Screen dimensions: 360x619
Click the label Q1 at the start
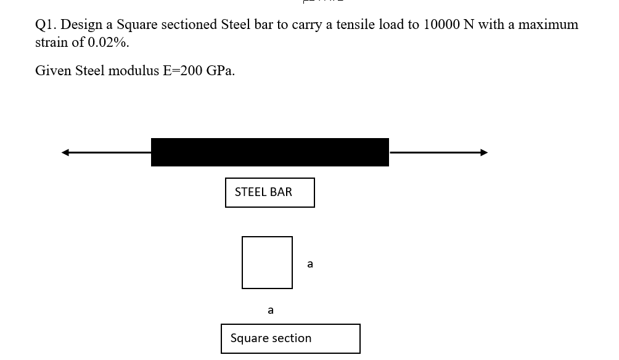pos(46,25)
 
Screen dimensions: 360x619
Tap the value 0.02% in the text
pos(109,43)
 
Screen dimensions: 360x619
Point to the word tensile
pos(352,25)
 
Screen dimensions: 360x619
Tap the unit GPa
pos(220,71)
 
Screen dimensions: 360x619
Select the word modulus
pos(134,71)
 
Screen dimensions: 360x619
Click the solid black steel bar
pos(269,152)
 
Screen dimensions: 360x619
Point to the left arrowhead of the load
pos(65,152)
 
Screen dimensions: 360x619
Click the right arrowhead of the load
pos(484,152)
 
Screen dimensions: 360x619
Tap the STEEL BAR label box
pos(269,192)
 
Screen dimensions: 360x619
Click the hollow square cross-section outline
pos(267,263)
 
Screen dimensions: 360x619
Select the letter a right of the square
pos(309,264)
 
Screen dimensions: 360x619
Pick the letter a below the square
pos(271,310)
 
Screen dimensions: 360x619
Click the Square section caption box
pos(290,338)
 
